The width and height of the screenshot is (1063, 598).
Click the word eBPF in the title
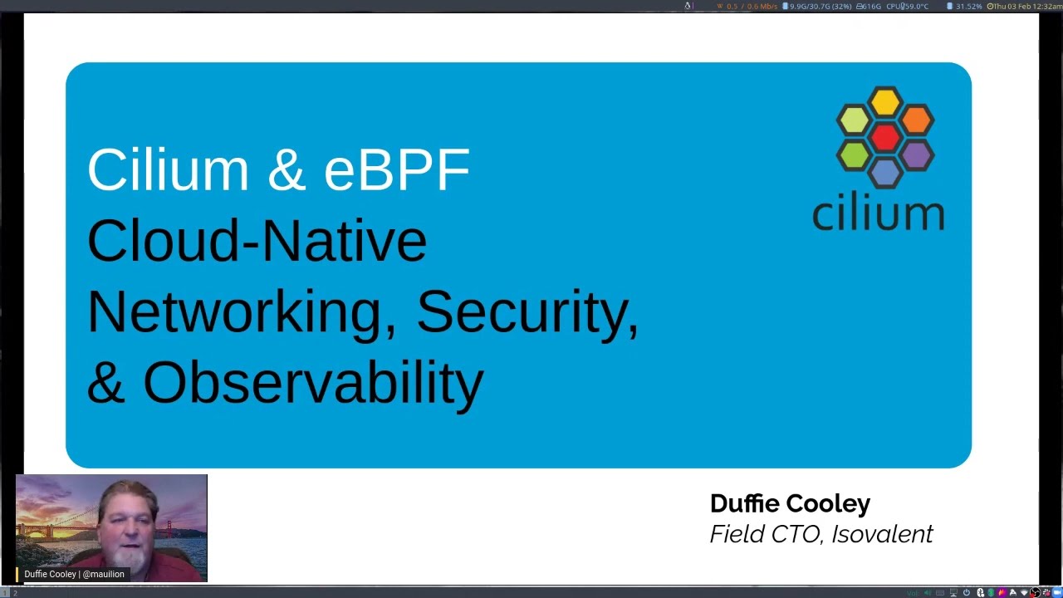pyautogui.click(x=396, y=170)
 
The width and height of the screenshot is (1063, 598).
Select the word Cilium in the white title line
pyautogui.click(x=168, y=170)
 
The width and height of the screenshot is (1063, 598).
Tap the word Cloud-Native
pyautogui.click(x=257, y=241)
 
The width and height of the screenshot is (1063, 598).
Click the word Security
pyautogui.click(x=527, y=313)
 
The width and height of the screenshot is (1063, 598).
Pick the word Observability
pyautogui.click(x=312, y=384)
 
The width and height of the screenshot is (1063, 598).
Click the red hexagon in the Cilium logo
pyautogui.click(x=885, y=138)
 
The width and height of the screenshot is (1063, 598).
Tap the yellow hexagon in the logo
pyautogui.click(x=885, y=102)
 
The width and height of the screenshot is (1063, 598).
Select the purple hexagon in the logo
pyautogui.click(x=916, y=155)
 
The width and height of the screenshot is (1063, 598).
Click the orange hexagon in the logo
pyautogui.click(x=916, y=120)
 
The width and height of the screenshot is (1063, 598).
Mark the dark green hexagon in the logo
pyautogui.click(x=854, y=155)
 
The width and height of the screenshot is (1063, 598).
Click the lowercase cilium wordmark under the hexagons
pyautogui.click(x=878, y=213)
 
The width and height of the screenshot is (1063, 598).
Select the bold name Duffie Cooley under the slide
pyautogui.click(x=790, y=503)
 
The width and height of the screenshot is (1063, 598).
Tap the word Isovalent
pyautogui.click(x=882, y=534)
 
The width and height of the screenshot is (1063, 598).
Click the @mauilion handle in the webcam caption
pyautogui.click(x=103, y=574)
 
